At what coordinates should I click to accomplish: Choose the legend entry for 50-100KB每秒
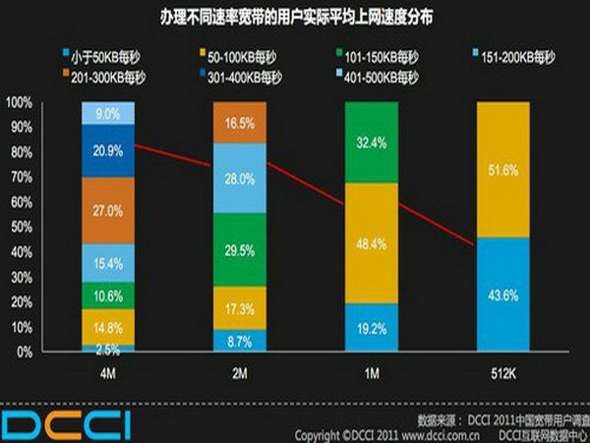coord(235,53)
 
